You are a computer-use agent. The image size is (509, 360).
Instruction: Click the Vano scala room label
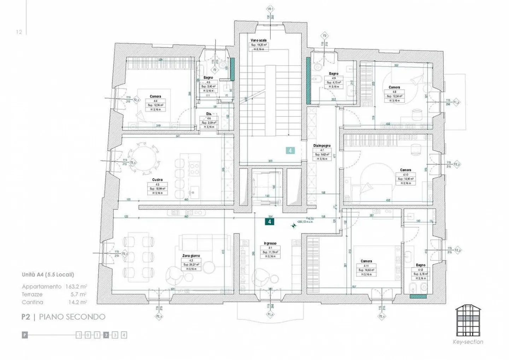tap(259, 40)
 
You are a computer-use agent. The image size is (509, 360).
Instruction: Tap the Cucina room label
tap(157, 180)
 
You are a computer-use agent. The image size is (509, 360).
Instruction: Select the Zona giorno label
tap(191, 255)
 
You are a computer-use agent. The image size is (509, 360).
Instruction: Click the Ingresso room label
tap(270, 243)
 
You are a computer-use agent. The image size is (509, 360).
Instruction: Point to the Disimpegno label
tap(322, 146)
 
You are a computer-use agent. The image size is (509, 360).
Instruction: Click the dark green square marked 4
tap(270, 222)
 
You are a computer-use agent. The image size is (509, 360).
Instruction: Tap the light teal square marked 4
tap(290, 151)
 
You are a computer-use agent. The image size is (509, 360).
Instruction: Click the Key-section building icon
tap(468, 321)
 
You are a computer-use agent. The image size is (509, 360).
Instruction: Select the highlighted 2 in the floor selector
tap(106, 335)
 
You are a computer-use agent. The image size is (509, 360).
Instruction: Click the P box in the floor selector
tap(25, 335)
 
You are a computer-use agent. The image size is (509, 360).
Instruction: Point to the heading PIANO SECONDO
tap(72, 317)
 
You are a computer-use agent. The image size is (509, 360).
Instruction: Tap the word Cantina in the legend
tap(33, 302)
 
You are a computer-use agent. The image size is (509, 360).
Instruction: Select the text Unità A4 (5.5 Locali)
tap(48, 275)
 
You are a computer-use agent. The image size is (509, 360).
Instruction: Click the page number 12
tap(19, 32)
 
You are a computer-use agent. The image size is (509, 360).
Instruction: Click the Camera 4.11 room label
tap(366, 261)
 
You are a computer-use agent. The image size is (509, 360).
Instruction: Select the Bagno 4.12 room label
tap(421, 265)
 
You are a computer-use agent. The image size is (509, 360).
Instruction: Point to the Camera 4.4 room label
tap(155, 96)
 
